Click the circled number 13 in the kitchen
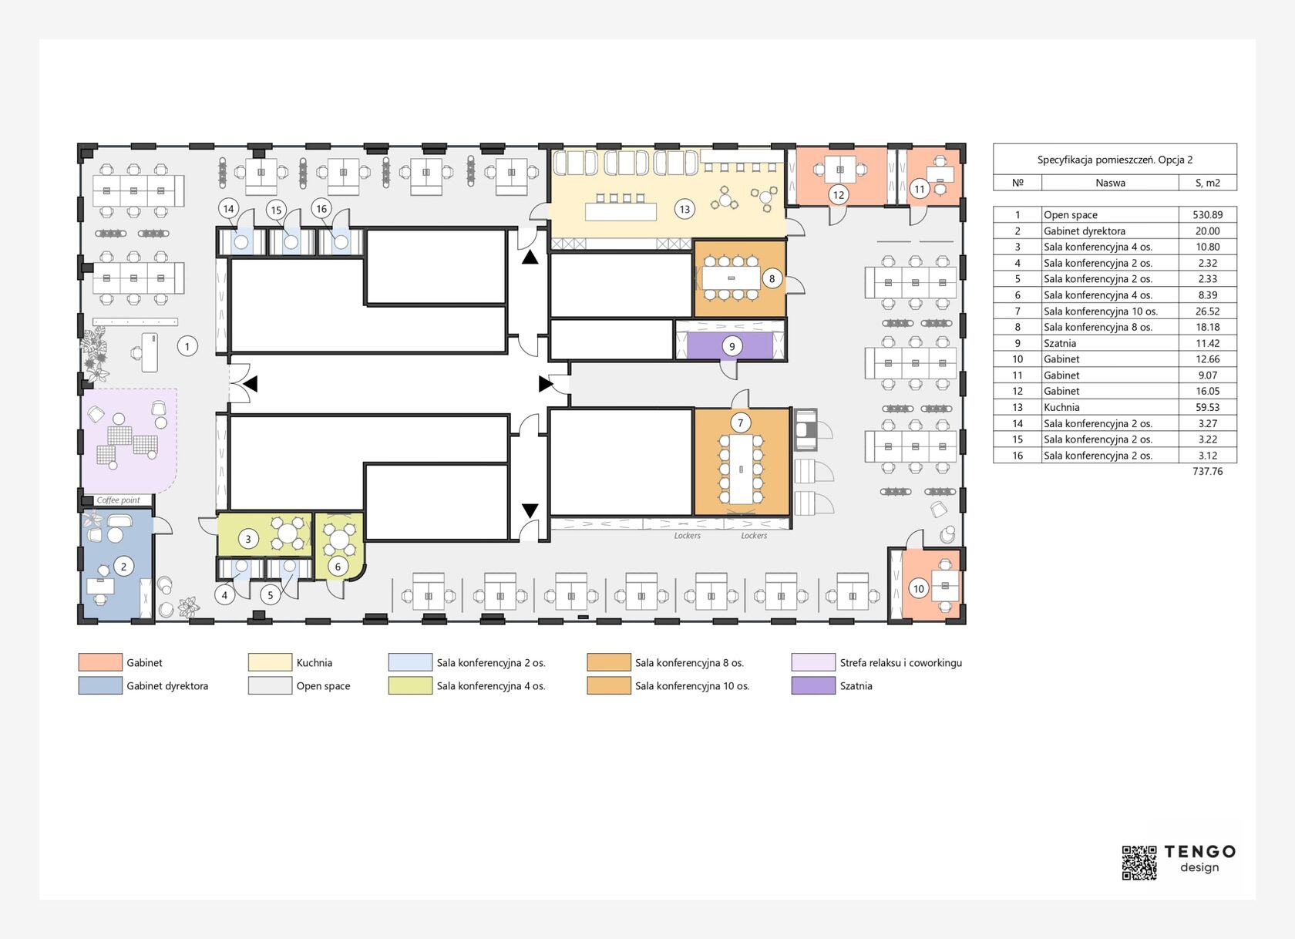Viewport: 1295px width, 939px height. (684, 209)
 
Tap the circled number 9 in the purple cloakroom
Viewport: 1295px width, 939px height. (732, 346)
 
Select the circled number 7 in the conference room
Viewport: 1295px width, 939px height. (740, 422)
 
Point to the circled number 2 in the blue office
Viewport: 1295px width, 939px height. (123, 566)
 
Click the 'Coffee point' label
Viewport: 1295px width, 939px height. (119, 500)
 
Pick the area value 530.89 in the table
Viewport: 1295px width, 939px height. (1208, 214)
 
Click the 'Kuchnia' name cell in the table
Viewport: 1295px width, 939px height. (1061, 407)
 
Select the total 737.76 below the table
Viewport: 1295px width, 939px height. (1208, 471)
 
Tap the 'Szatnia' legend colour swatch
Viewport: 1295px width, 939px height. (812, 686)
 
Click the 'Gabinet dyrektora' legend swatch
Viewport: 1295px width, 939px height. (100, 686)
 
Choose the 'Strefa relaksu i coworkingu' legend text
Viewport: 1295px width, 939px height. (900, 663)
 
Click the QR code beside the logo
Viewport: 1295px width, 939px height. (1139, 863)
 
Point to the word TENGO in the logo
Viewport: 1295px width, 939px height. (1199, 851)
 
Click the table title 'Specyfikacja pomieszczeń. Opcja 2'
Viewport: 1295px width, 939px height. (1115, 160)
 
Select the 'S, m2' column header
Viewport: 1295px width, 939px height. (1208, 183)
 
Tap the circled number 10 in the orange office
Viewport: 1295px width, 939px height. (919, 589)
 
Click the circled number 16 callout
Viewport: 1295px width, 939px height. (321, 208)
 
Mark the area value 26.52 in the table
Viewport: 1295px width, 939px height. (1208, 311)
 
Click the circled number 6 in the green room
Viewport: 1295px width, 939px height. (338, 567)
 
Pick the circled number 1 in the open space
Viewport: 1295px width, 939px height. (187, 346)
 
